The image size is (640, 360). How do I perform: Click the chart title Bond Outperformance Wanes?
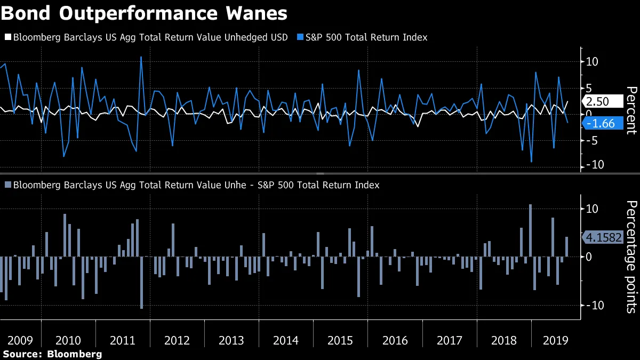tap(144, 13)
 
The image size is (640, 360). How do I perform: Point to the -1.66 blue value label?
tap(603, 124)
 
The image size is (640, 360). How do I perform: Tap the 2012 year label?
tap(177, 341)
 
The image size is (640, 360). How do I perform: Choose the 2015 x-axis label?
tap(340, 341)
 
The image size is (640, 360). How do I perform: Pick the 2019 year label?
tap(555, 341)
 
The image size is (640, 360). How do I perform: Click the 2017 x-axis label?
tap(449, 341)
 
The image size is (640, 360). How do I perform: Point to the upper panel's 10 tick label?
tap(592, 61)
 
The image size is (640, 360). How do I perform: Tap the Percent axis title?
tap(631, 109)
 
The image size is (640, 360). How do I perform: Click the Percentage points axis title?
tap(631, 256)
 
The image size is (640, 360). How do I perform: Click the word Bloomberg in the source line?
tap(74, 354)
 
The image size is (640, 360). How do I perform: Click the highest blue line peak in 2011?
tap(141, 57)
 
